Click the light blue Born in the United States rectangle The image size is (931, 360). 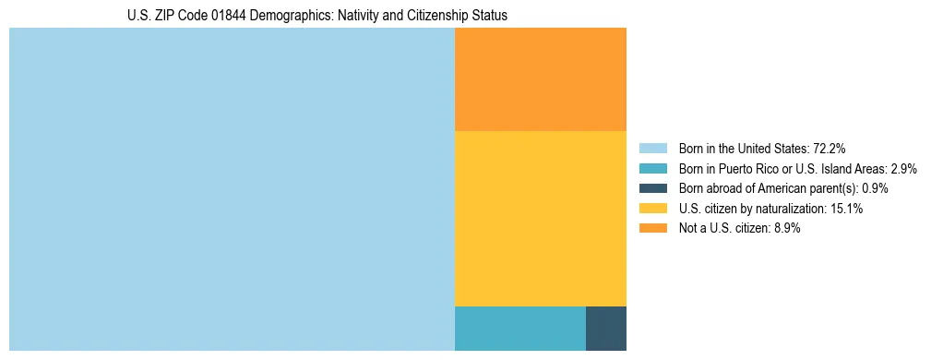[232, 189]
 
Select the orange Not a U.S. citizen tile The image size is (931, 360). [540, 79]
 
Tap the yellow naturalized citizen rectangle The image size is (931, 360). [540, 218]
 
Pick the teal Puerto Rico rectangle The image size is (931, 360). [519, 328]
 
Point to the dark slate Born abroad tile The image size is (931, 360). [605, 328]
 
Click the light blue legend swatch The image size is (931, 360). [652, 149]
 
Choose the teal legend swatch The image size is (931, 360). [652, 169]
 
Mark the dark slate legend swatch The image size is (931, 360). [652, 188]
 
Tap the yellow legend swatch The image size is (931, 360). [652, 209]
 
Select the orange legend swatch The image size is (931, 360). [652, 229]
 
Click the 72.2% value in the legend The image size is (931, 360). [830, 149]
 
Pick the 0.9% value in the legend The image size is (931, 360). [875, 188]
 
